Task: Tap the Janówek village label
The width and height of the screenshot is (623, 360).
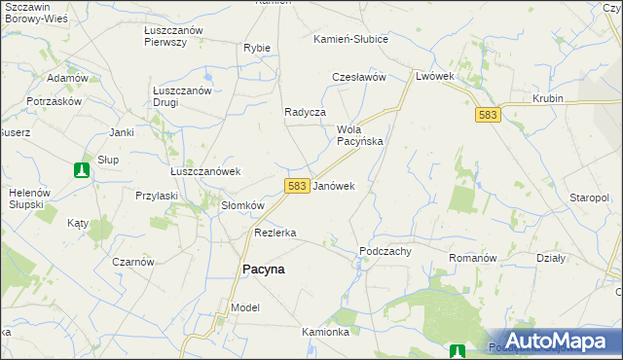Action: pyautogui.click(x=334, y=185)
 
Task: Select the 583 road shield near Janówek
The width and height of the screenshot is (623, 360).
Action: pyautogui.click(x=298, y=185)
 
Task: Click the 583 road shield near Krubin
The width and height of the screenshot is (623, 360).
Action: pyautogui.click(x=489, y=115)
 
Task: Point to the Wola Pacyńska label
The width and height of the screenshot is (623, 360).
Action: pyautogui.click(x=359, y=135)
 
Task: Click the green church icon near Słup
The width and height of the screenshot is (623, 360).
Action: pyautogui.click(x=82, y=170)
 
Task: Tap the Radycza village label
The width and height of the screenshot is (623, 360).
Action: pyautogui.click(x=304, y=112)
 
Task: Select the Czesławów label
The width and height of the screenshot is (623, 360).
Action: pyautogui.click(x=360, y=77)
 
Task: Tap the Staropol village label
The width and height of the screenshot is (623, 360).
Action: pyautogui.click(x=590, y=198)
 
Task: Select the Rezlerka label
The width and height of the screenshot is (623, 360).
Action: pyautogui.click(x=275, y=233)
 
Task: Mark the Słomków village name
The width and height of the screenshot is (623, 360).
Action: pyautogui.click(x=242, y=205)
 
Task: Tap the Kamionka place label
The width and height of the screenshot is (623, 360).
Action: pyautogui.click(x=325, y=332)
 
